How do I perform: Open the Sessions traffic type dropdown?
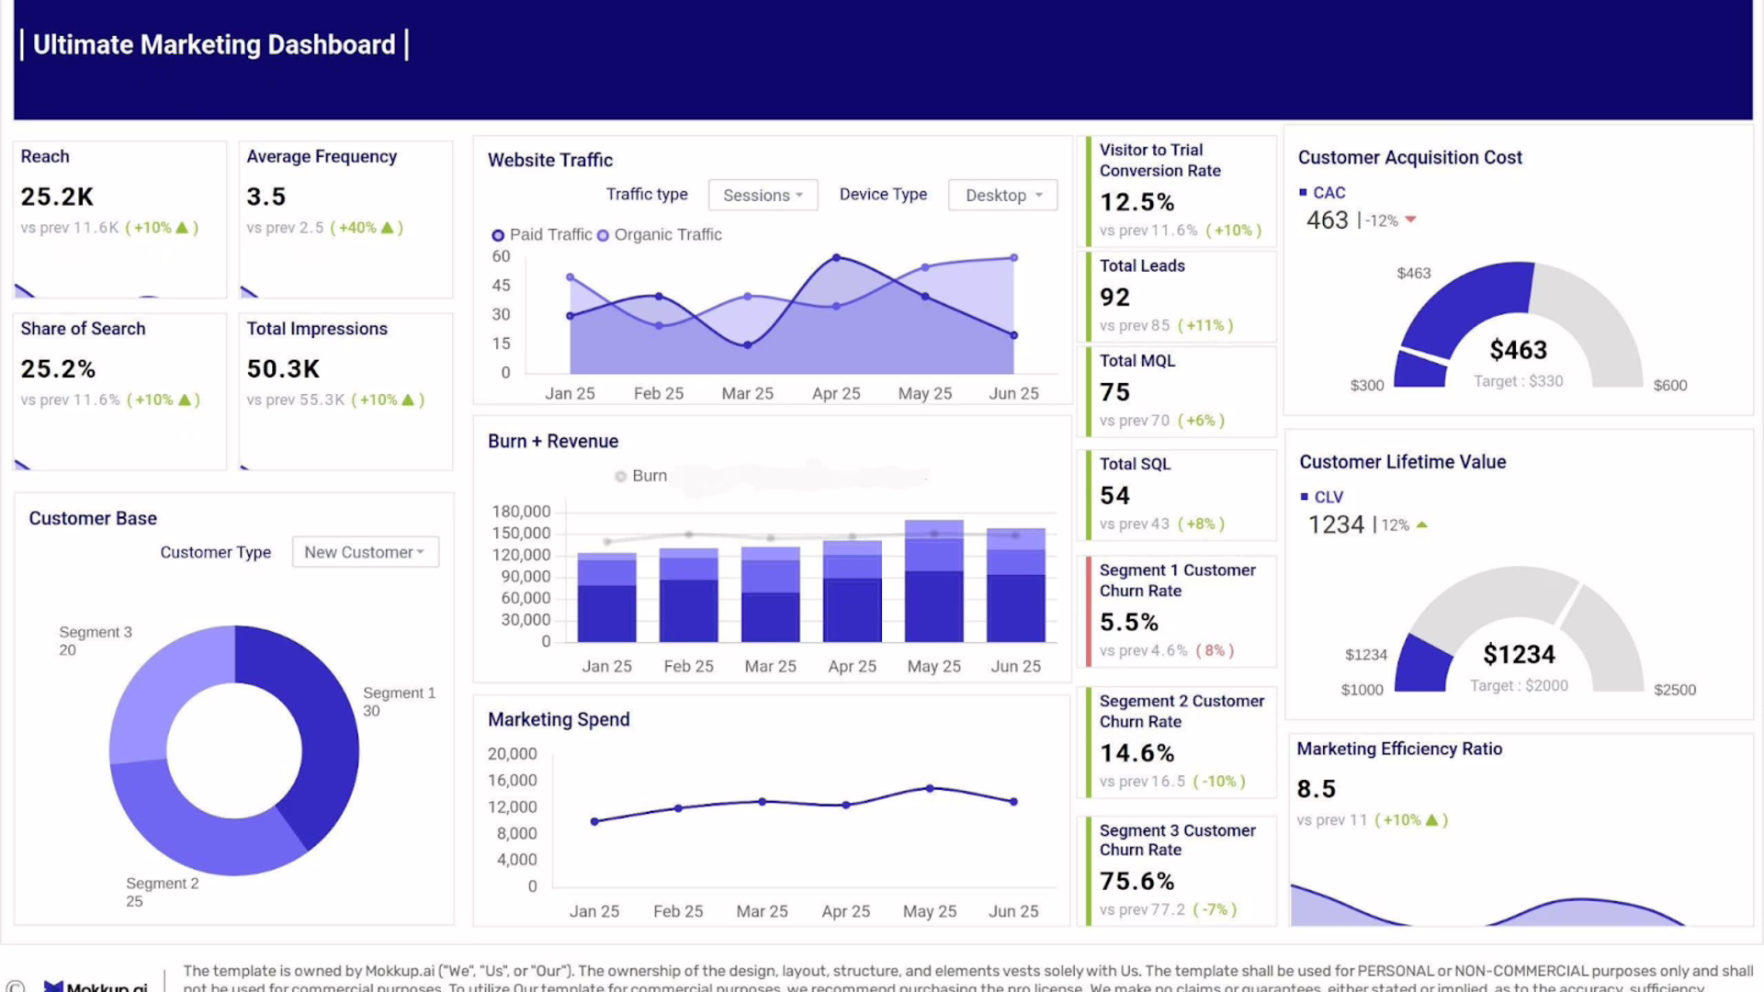pyautogui.click(x=763, y=195)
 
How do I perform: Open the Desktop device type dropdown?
pyautogui.click(x=1002, y=195)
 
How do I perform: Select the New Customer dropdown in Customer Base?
pyautogui.click(x=365, y=552)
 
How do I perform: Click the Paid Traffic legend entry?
pyautogui.click(x=541, y=235)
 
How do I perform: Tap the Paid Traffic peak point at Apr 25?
pyautogui.click(x=836, y=258)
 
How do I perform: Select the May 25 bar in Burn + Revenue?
pyautogui.click(x=933, y=581)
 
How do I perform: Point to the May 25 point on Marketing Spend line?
pyautogui.click(x=930, y=788)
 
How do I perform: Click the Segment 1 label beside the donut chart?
pyautogui.click(x=399, y=693)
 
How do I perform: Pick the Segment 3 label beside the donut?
pyautogui.click(x=96, y=633)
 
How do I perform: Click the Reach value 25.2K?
pyautogui.click(x=57, y=197)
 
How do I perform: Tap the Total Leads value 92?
pyautogui.click(x=1114, y=298)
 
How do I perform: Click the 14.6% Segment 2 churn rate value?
pyautogui.click(x=1137, y=753)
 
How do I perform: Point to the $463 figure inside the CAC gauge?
pyautogui.click(x=1518, y=350)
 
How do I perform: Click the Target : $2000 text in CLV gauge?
pyautogui.click(x=1519, y=686)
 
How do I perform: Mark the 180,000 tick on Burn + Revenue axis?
pyautogui.click(x=521, y=512)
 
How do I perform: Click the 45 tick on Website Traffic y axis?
pyautogui.click(x=501, y=286)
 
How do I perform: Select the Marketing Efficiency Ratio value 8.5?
pyautogui.click(x=1316, y=789)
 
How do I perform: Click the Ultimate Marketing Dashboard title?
pyautogui.click(x=214, y=45)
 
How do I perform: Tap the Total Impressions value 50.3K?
pyautogui.click(x=283, y=369)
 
